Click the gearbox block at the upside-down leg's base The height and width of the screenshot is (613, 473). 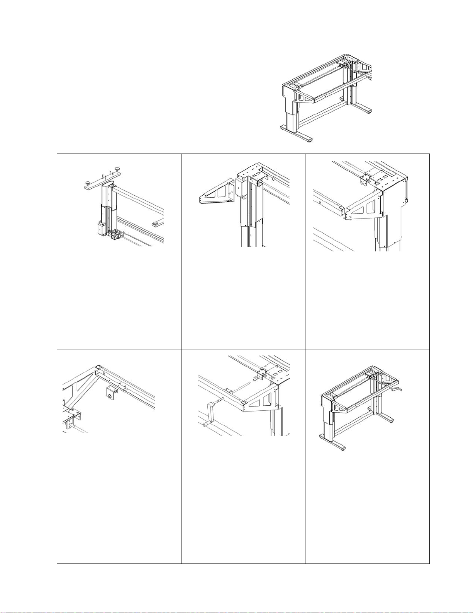pos(115,235)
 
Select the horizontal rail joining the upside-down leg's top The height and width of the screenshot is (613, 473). pos(139,197)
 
